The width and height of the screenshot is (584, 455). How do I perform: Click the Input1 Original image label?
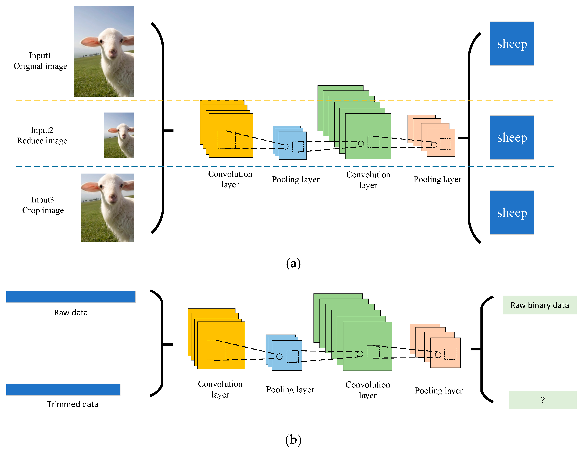40,61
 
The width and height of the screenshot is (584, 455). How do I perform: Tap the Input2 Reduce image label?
42,135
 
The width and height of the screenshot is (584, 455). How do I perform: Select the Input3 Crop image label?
43,205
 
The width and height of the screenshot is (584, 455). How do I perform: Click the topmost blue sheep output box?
512,44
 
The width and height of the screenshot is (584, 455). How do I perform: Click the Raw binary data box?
539,305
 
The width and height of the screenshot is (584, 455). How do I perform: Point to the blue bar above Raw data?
71,297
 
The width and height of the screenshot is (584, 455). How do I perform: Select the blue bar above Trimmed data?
63,389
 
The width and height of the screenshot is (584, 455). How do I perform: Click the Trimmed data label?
72,404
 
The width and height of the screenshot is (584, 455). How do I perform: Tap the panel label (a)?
293,264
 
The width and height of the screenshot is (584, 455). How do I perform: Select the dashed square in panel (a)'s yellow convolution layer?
226,140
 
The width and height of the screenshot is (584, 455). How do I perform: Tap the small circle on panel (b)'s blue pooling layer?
279,356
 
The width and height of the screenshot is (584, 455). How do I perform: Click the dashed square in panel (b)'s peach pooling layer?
450,354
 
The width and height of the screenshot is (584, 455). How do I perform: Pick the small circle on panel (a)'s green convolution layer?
361,144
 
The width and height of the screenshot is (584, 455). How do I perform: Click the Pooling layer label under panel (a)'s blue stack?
296,179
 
